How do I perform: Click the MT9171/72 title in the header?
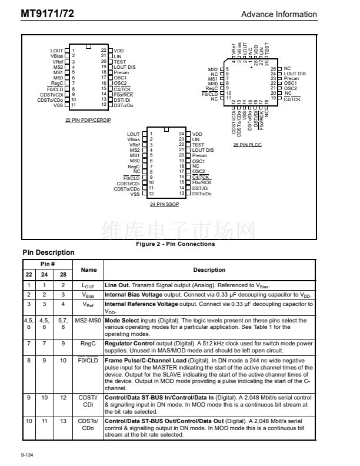click(x=42, y=14)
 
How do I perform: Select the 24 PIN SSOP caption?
click(x=164, y=203)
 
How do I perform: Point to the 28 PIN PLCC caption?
click(x=247, y=144)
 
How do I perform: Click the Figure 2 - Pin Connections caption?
click(x=175, y=244)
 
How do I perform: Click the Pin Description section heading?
click(x=48, y=252)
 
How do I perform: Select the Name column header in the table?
click(x=88, y=270)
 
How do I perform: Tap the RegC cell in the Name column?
click(x=88, y=342)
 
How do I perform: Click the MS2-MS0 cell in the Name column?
click(x=88, y=321)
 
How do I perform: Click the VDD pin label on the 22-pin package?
click(x=119, y=51)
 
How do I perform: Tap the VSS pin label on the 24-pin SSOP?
click(x=135, y=194)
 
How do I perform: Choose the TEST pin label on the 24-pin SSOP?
click(x=198, y=145)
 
